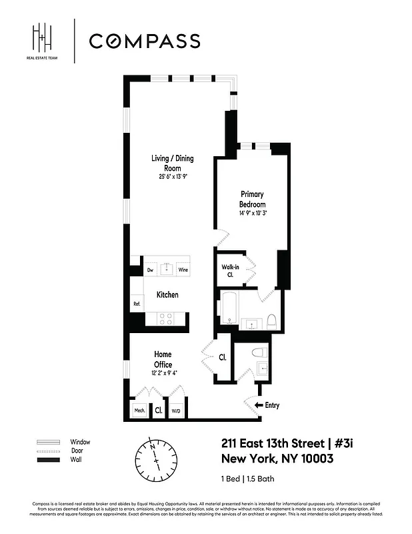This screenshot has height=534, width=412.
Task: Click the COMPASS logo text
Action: pos(145,41)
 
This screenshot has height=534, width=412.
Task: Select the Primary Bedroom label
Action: pos(253,200)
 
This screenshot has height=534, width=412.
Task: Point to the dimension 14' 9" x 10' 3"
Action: pos(253,214)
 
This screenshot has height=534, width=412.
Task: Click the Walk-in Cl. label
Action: pos(230,271)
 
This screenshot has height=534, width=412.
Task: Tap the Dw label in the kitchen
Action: pos(150,270)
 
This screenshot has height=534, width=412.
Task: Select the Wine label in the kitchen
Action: pos(182,270)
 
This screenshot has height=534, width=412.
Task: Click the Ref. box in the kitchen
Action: pos(137,304)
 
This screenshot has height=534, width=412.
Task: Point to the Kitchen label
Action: pos(167,294)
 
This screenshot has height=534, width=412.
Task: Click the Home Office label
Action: pos(163,359)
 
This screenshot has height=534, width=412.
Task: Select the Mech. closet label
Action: pos(139,411)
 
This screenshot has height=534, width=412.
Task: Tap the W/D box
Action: pos(177,411)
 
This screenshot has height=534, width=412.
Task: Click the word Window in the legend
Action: pos(80,442)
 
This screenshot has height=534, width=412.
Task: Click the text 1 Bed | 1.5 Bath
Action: pos(247,479)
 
